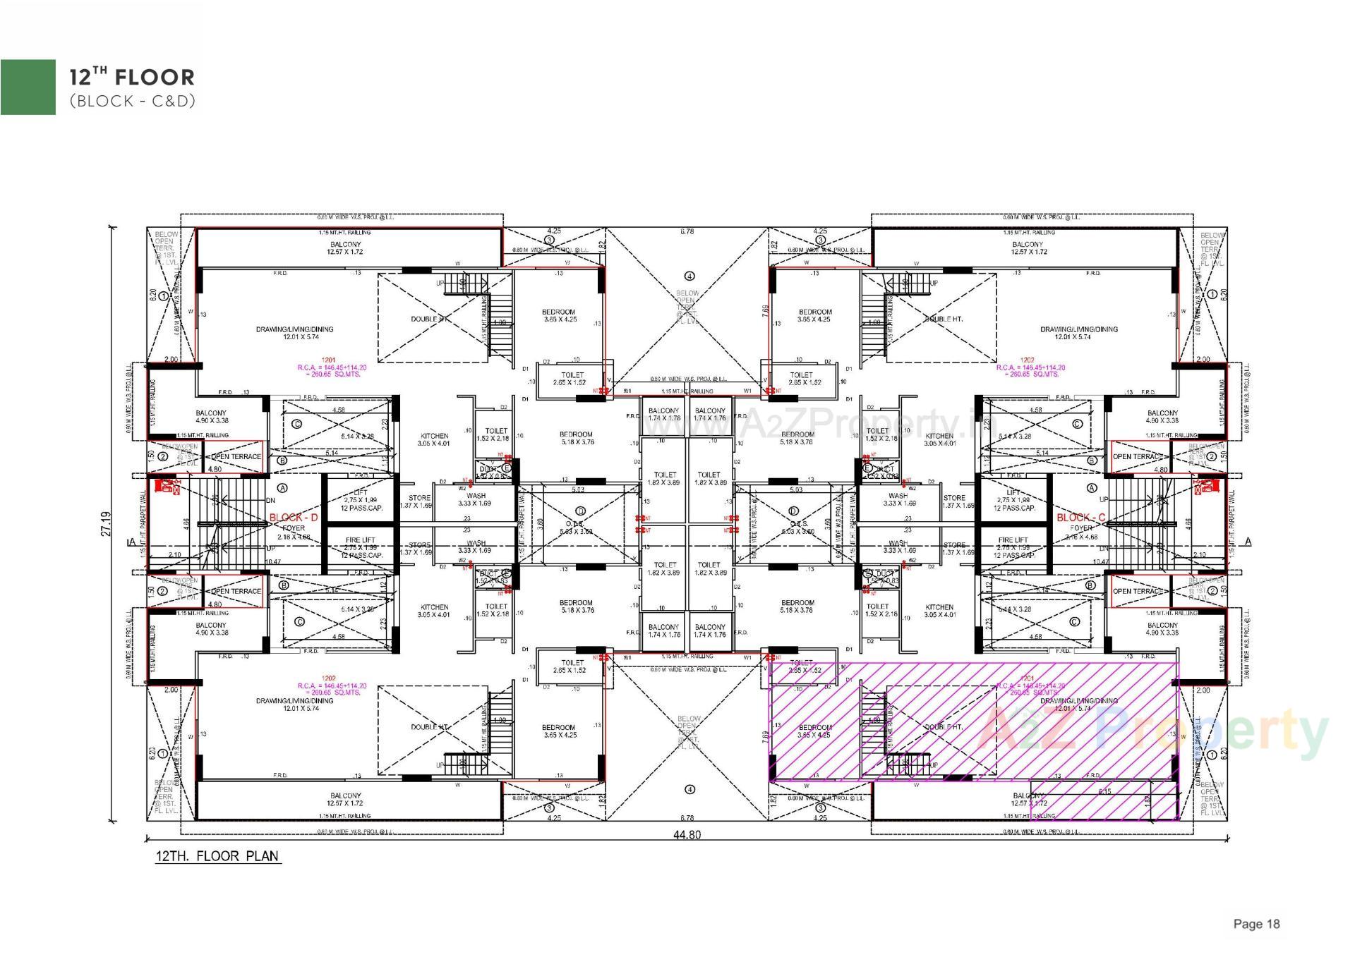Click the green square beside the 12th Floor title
(x=28, y=86)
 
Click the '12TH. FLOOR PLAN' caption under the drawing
(x=217, y=856)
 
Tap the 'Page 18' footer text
(x=1256, y=924)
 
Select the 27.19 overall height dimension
(x=106, y=523)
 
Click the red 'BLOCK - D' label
(x=294, y=518)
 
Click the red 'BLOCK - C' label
(x=1080, y=518)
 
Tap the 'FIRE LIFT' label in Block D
(x=361, y=540)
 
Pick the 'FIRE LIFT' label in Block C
(x=1013, y=540)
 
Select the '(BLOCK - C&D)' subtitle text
(x=132, y=101)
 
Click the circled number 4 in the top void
(x=689, y=276)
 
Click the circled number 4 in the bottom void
(x=689, y=789)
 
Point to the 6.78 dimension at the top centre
(x=687, y=231)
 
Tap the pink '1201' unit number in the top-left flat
(x=328, y=360)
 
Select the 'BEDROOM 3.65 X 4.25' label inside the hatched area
(x=815, y=731)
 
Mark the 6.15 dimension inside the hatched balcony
(x=1104, y=791)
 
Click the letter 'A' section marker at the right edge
(x=1248, y=542)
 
